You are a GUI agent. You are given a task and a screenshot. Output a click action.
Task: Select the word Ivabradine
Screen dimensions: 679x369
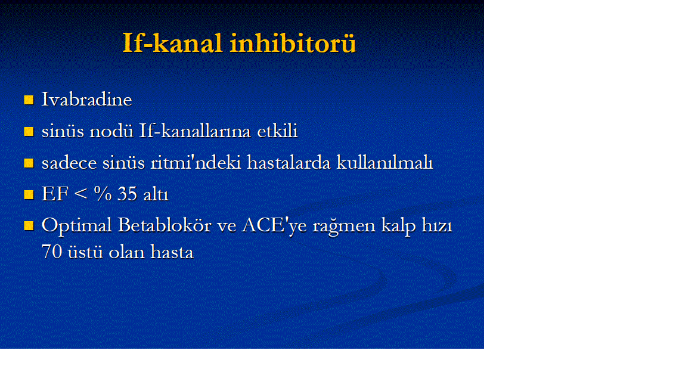86,100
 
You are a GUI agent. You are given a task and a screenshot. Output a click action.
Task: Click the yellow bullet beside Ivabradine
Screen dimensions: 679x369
29,100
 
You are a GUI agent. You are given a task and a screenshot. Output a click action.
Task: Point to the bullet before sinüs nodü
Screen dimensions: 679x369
29,131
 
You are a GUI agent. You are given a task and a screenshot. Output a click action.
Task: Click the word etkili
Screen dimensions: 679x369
278,131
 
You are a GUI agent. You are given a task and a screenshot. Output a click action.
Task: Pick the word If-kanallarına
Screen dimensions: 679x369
195,131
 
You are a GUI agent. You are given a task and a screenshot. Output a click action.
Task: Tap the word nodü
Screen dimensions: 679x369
111,131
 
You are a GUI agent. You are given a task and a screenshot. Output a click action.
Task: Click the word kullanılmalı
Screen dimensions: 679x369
385,163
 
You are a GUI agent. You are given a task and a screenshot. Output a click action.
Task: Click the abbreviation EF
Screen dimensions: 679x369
55,194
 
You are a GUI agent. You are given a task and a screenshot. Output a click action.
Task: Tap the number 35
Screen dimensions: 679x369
127,194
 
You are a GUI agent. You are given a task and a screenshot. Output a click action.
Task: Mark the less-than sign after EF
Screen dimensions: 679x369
80,194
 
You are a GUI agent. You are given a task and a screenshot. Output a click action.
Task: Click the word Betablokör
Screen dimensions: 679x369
164,225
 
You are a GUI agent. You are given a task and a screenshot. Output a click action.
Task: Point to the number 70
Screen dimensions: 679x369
52,252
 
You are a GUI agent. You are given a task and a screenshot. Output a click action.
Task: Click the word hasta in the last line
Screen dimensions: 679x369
172,252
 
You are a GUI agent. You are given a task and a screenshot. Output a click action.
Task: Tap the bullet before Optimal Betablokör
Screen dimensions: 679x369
29,226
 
